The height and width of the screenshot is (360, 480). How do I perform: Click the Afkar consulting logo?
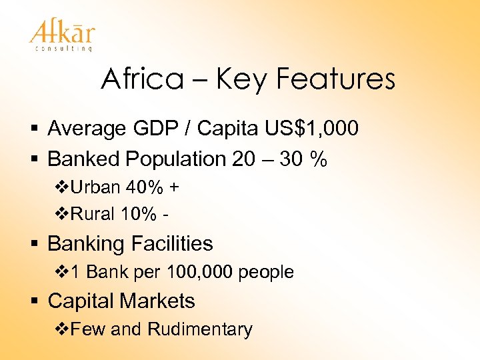[62, 34]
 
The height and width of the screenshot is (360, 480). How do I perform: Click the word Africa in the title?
[141, 80]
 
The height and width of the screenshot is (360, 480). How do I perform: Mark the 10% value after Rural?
[137, 215]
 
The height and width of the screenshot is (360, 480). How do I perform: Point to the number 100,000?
[201, 272]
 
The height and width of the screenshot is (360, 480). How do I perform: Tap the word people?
[266, 272]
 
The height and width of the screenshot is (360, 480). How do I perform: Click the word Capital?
[83, 301]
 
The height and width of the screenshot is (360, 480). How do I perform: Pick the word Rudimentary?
[200, 329]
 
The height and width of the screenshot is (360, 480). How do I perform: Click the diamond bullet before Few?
[60, 329]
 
